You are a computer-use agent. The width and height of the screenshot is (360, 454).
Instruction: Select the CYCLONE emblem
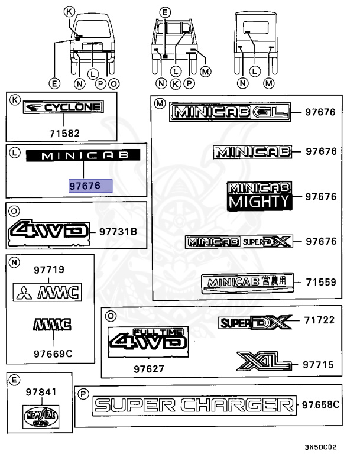click(x=63, y=108)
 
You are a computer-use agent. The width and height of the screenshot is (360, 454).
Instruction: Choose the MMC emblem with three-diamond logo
click(x=47, y=291)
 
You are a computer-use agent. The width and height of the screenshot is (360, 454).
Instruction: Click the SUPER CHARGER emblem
click(x=194, y=406)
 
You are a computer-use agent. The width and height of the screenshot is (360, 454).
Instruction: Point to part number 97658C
click(x=321, y=406)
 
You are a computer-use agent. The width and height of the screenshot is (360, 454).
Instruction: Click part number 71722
click(x=320, y=321)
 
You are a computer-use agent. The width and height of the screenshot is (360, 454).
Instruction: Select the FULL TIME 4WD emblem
click(x=148, y=339)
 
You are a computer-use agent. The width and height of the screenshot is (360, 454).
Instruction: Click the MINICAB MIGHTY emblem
click(x=260, y=196)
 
